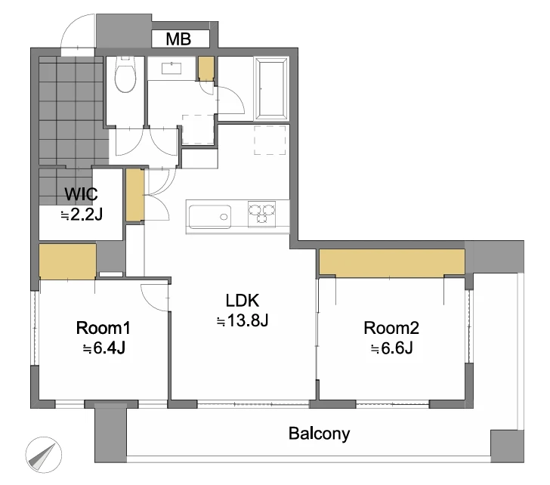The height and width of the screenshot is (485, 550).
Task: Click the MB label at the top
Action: click(178, 39)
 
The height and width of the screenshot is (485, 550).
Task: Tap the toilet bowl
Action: click(125, 74)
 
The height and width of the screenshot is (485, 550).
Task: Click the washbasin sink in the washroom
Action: click(171, 68)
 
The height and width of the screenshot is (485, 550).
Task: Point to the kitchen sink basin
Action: click(210, 217)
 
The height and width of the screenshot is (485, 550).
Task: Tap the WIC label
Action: click(81, 194)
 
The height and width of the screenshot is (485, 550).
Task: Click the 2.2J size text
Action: click(82, 215)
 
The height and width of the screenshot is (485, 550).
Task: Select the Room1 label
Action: click(103, 328)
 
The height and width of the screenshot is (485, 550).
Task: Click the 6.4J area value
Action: click(104, 348)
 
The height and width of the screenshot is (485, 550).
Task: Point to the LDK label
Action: click(242, 301)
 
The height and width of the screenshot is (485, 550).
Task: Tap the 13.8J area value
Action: click(243, 320)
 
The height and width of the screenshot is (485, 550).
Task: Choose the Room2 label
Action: click(391, 328)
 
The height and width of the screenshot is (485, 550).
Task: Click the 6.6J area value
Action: click(392, 348)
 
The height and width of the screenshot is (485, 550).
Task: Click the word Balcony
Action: click(319, 434)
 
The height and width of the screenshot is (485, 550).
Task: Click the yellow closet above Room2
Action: click(391, 262)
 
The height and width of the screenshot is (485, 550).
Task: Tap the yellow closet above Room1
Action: click(67, 261)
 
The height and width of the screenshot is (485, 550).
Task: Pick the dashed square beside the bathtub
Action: click(270, 140)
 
